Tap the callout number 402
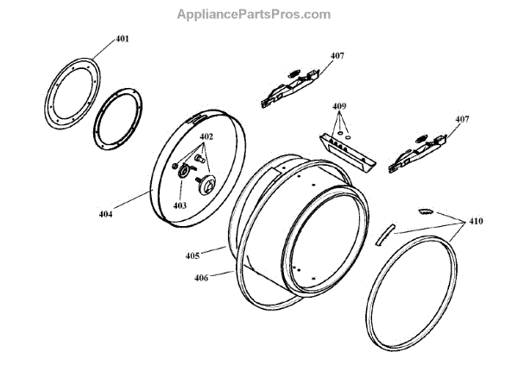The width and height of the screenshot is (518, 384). [206, 138]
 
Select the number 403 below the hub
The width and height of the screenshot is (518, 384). [180, 205]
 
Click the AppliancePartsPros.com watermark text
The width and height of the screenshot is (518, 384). [254, 15]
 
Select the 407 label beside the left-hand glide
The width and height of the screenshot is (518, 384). [337, 56]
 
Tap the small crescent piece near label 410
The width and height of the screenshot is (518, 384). [426, 209]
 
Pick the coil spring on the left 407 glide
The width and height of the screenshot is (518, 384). [294, 72]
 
